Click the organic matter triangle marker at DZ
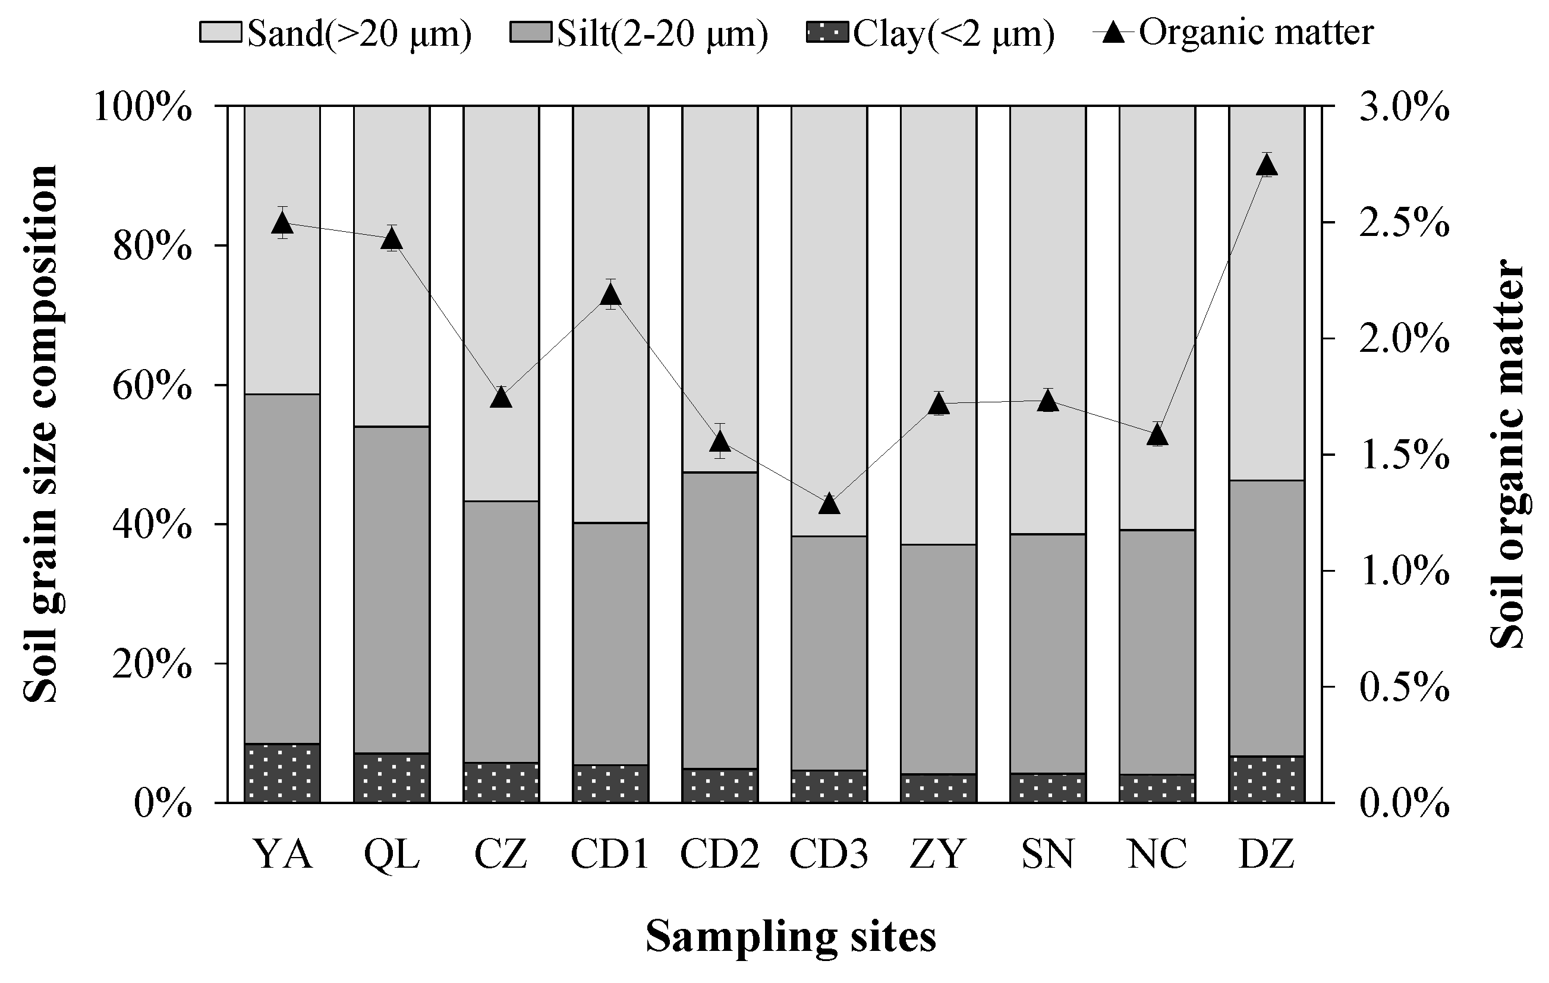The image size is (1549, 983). pos(1266,166)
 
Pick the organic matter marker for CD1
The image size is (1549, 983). pos(610,295)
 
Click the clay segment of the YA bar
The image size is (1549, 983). pos(282,773)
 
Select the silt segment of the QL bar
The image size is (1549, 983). pos(392,588)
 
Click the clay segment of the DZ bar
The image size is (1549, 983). pos(1266,780)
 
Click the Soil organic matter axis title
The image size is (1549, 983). pos(1508,453)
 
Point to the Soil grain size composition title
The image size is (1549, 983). pos(41,434)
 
